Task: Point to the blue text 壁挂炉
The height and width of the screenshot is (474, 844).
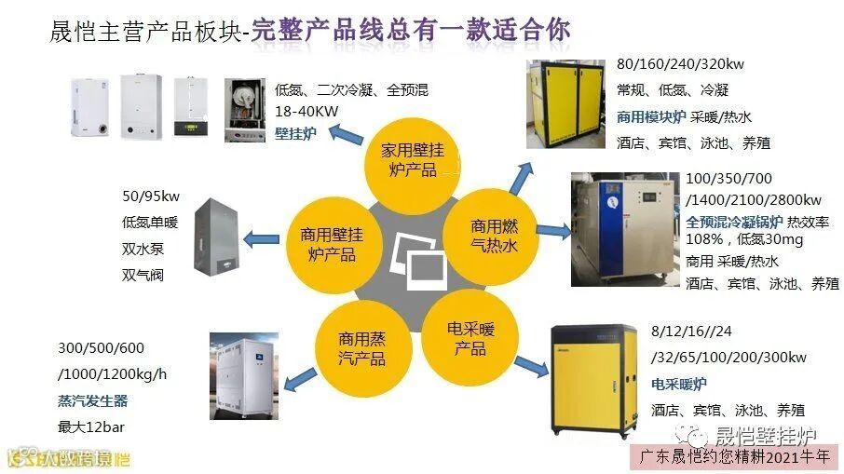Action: [x=295, y=133]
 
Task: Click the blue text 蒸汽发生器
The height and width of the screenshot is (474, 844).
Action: [x=92, y=401]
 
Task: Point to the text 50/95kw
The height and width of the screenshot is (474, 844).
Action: [x=150, y=196]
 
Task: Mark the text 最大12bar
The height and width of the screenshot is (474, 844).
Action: [x=91, y=427]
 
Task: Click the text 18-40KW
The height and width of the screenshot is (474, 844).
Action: [x=307, y=111]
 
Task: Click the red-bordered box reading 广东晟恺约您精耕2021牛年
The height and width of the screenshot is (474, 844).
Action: [x=740, y=456]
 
